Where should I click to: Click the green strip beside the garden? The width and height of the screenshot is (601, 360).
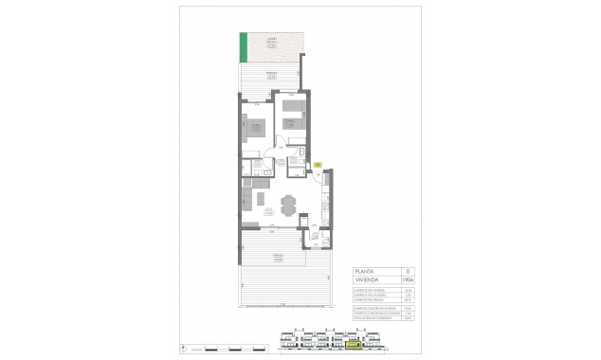click(x=243, y=45)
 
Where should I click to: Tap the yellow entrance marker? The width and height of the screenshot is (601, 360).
click(x=319, y=164)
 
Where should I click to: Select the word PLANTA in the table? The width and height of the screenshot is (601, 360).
click(x=365, y=270)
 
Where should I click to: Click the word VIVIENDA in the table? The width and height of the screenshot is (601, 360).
click(x=366, y=279)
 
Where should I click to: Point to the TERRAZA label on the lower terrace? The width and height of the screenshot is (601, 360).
click(x=280, y=255)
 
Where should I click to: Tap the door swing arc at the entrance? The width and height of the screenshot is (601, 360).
click(x=313, y=173)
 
